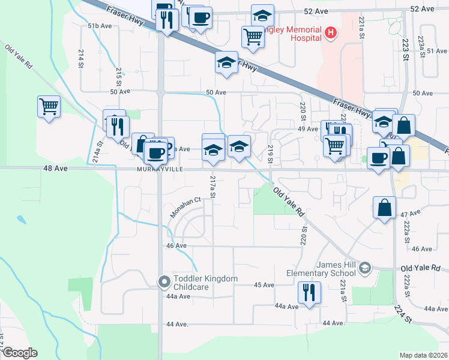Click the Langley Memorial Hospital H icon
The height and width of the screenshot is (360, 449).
(330, 31)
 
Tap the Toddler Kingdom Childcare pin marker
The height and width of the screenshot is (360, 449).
(164, 281)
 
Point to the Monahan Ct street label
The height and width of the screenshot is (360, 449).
(184, 207)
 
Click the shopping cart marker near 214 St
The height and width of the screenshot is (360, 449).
(49, 107)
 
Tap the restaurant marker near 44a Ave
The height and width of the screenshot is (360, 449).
(309, 292)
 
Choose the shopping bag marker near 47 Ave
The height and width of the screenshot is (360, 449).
(384, 208)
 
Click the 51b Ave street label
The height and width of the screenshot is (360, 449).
(100, 26)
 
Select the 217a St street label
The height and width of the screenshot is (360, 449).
(212, 187)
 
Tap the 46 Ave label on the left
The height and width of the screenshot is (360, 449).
(176, 246)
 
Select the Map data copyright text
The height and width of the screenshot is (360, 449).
(424, 355)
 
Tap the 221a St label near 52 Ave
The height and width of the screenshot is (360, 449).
(362, 28)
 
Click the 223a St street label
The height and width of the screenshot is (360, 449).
(422, 44)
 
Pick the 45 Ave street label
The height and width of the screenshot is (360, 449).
(264, 285)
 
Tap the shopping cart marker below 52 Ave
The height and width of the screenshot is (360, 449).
(253, 37)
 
